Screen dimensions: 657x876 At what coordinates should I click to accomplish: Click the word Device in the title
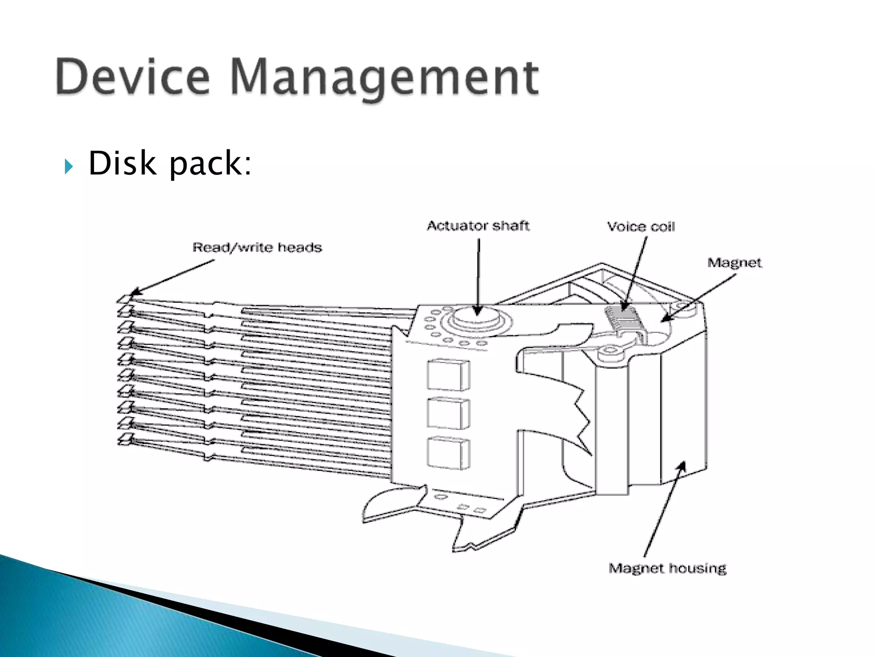pos(133,77)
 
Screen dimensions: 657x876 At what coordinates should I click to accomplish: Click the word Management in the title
pos(385,79)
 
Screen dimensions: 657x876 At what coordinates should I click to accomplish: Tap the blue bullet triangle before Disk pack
pos(68,166)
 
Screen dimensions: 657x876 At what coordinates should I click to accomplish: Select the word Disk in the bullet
pos(121,163)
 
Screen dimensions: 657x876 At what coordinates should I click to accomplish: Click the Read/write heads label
pos(257,247)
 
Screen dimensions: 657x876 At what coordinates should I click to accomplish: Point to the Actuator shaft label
pos(478,225)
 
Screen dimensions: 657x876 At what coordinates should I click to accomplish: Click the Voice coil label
pos(641,226)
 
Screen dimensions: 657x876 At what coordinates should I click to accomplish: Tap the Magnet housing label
pos(667,568)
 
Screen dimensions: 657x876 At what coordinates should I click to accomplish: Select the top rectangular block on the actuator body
pos(448,375)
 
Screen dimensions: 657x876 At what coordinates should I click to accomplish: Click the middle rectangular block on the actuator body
pos(448,413)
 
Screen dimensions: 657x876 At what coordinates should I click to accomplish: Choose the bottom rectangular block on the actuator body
pos(448,453)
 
